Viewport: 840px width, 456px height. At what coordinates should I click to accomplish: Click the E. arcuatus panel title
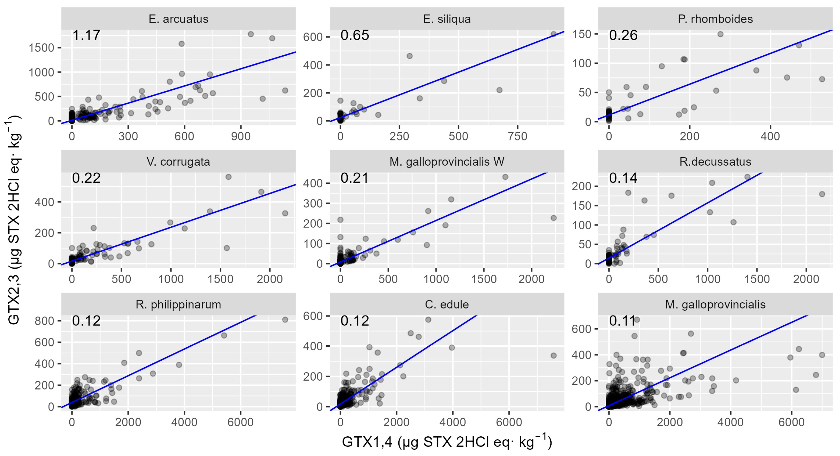coord(178,19)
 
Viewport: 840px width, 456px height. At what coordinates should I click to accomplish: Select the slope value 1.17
coord(86,35)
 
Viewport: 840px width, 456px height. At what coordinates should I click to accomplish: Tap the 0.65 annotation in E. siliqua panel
coord(355,35)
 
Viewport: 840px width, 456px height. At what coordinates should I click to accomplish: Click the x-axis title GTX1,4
coord(447,442)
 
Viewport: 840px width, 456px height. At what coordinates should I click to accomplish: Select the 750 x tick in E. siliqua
coord(518,136)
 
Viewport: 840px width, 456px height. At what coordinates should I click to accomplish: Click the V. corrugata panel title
coord(178,162)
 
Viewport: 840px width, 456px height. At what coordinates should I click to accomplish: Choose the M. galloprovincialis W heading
coord(447,162)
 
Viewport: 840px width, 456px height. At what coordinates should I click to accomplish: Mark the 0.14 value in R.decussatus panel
coord(623,178)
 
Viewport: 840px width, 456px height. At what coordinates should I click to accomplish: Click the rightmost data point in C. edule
coord(553,356)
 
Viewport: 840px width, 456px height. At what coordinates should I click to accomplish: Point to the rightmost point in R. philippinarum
coord(285,320)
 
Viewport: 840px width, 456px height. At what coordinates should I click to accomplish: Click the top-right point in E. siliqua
coord(553,34)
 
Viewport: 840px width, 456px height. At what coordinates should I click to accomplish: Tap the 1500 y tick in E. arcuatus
coord(41,48)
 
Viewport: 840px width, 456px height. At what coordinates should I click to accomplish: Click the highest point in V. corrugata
coord(228,177)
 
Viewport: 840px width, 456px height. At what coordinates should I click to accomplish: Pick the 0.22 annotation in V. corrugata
coord(86,178)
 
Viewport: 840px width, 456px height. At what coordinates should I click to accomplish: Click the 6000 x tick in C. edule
coord(509,422)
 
